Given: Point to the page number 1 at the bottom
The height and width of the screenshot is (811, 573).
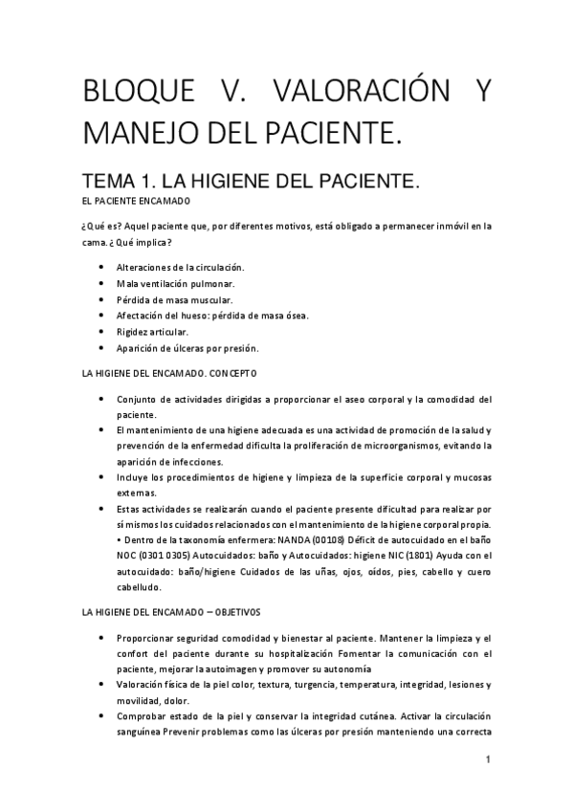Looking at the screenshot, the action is [x=488, y=760].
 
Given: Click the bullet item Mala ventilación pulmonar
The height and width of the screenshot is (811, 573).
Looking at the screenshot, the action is [x=174, y=284].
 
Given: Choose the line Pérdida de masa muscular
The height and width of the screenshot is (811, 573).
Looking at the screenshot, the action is [x=174, y=299].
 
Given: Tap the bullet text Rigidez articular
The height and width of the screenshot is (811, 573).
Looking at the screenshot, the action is [x=159, y=331].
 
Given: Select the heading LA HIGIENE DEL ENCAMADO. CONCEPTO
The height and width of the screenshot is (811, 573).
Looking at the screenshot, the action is [x=171, y=373].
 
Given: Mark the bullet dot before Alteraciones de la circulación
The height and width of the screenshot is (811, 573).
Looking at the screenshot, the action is [x=102, y=268].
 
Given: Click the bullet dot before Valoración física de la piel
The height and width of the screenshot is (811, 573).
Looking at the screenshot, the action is [x=102, y=685].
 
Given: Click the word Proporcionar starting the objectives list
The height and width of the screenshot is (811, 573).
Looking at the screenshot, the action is [x=148, y=637].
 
